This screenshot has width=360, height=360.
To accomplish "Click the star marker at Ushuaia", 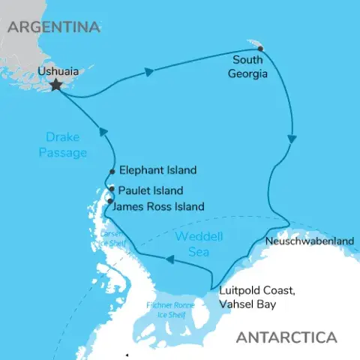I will (x=55, y=85).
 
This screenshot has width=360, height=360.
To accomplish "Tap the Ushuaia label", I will (x=57, y=73).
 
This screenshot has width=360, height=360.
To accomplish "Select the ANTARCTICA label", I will (x=286, y=337).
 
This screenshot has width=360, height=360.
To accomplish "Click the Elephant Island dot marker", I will (x=112, y=171).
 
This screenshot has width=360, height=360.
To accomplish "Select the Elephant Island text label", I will (x=157, y=170).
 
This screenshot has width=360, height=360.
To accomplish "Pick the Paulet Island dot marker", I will (x=111, y=189).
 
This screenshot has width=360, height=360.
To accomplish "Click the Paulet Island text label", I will (x=151, y=190).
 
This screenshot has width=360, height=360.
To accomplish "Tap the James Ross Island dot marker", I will (x=110, y=201).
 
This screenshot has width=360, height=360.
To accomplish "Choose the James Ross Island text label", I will (x=161, y=205).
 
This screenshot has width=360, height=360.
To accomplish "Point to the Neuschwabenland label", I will (x=309, y=241).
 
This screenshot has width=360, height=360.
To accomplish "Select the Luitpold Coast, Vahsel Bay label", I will (x=255, y=298).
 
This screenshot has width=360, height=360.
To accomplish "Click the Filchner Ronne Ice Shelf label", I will (x=171, y=310).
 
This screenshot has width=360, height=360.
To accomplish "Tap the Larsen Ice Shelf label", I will (x=109, y=239).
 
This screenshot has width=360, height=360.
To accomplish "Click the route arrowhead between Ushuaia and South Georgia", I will (x=148, y=72).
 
